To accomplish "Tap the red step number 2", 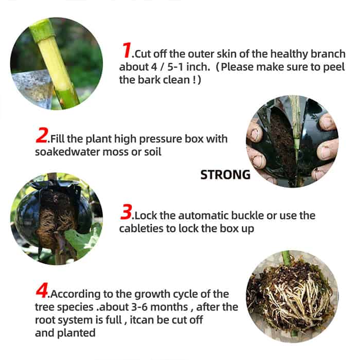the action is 42,135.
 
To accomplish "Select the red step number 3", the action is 127,212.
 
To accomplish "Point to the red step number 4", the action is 42,290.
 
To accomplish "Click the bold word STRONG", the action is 225,175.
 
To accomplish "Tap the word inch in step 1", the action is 197,67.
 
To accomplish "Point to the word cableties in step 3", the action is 142,228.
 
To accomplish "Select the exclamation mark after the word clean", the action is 194,80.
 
